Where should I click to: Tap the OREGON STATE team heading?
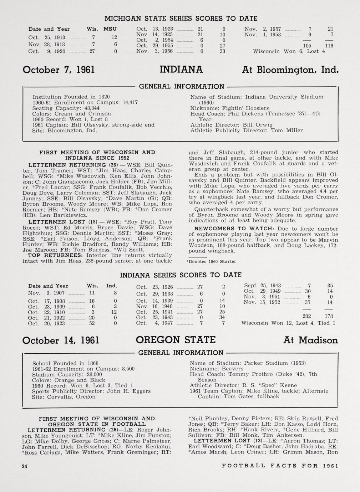(176, 340)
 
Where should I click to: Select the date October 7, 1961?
(59, 70)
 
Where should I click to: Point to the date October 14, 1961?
(60, 340)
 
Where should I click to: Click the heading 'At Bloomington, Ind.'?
(289, 70)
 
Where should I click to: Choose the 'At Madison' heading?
(310, 340)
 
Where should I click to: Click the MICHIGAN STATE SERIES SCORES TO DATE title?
(181, 18)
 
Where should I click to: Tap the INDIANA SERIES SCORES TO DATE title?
(181, 275)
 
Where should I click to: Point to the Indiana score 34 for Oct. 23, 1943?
(222, 317)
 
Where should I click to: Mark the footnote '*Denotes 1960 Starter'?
(211, 261)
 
